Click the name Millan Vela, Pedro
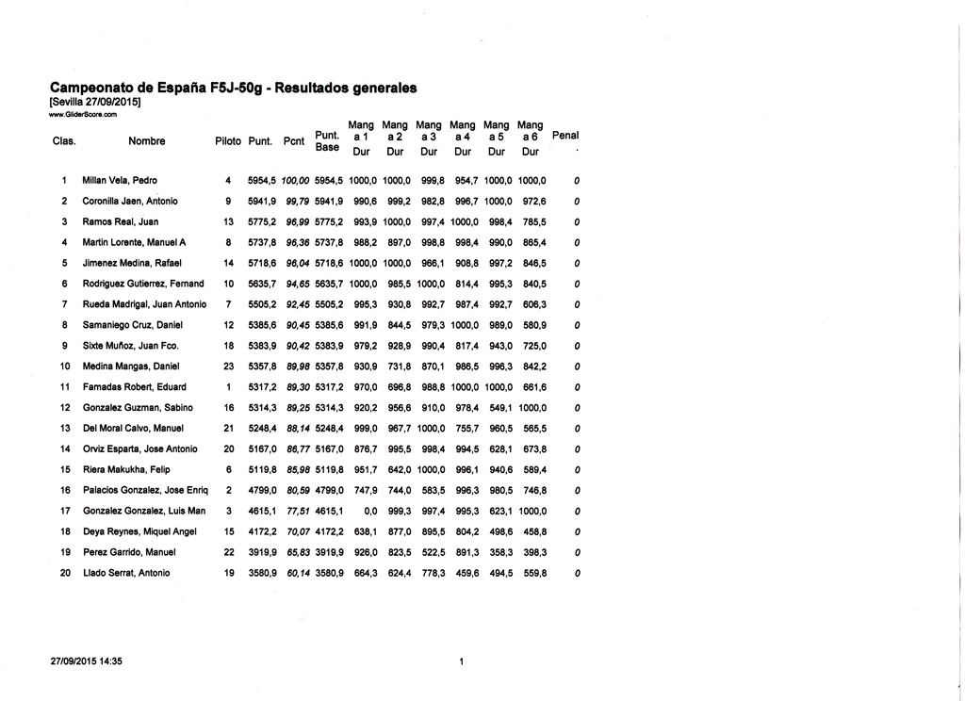[x=120, y=180]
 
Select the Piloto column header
[x=228, y=141]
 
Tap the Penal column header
[x=565, y=136]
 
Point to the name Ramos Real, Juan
[x=121, y=221]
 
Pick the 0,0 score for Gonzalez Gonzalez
[x=369, y=511]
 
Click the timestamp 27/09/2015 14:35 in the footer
[x=86, y=661]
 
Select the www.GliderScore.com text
[x=82, y=114]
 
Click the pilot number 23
[x=228, y=366]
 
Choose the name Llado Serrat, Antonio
[x=126, y=573]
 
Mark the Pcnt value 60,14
[x=298, y=573]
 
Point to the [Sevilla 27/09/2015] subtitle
[x=94, y=102]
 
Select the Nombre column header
[x=147, y=141]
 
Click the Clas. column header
[x=64, y=141]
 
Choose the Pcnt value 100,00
[x=297, y=180]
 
